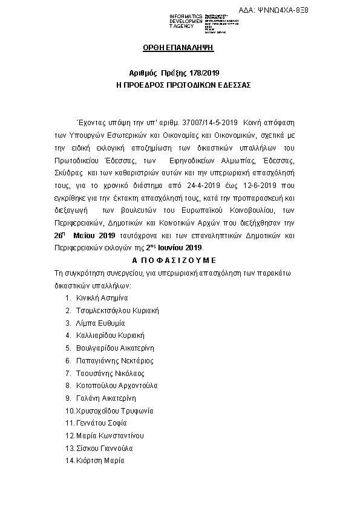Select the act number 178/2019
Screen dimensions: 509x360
pos(199,72)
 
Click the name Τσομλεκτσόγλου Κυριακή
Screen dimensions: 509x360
pos(117,310)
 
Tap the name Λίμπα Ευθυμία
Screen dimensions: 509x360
pos(100,323)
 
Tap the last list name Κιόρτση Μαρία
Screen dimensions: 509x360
pos(100,461)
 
